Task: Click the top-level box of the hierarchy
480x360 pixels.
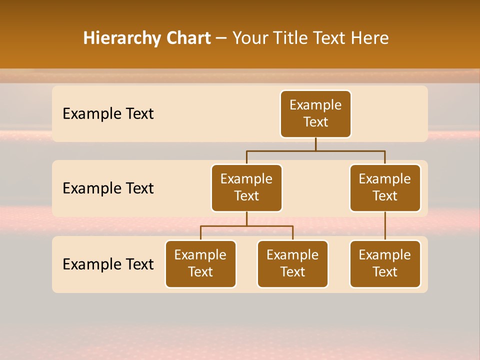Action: point(315,114)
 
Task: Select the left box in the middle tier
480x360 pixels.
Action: point(246,188)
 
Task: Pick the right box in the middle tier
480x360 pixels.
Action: point(385,188)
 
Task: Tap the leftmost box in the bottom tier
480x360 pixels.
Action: point(200,264)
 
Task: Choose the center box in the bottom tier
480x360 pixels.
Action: point(292,264)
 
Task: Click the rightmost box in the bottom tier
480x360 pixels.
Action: point(385,264)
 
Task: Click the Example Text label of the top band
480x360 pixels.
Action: point(108,114)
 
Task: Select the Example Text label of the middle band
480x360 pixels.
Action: point(108,188)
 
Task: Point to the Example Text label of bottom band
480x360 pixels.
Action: point(108,264)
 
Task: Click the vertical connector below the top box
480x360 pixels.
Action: point(315,144)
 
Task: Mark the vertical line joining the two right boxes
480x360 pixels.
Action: point(385,226)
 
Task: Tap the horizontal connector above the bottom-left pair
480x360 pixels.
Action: point(246,226)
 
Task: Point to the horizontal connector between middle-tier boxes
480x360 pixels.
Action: point(315,150)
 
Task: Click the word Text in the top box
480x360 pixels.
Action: point(315,122)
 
